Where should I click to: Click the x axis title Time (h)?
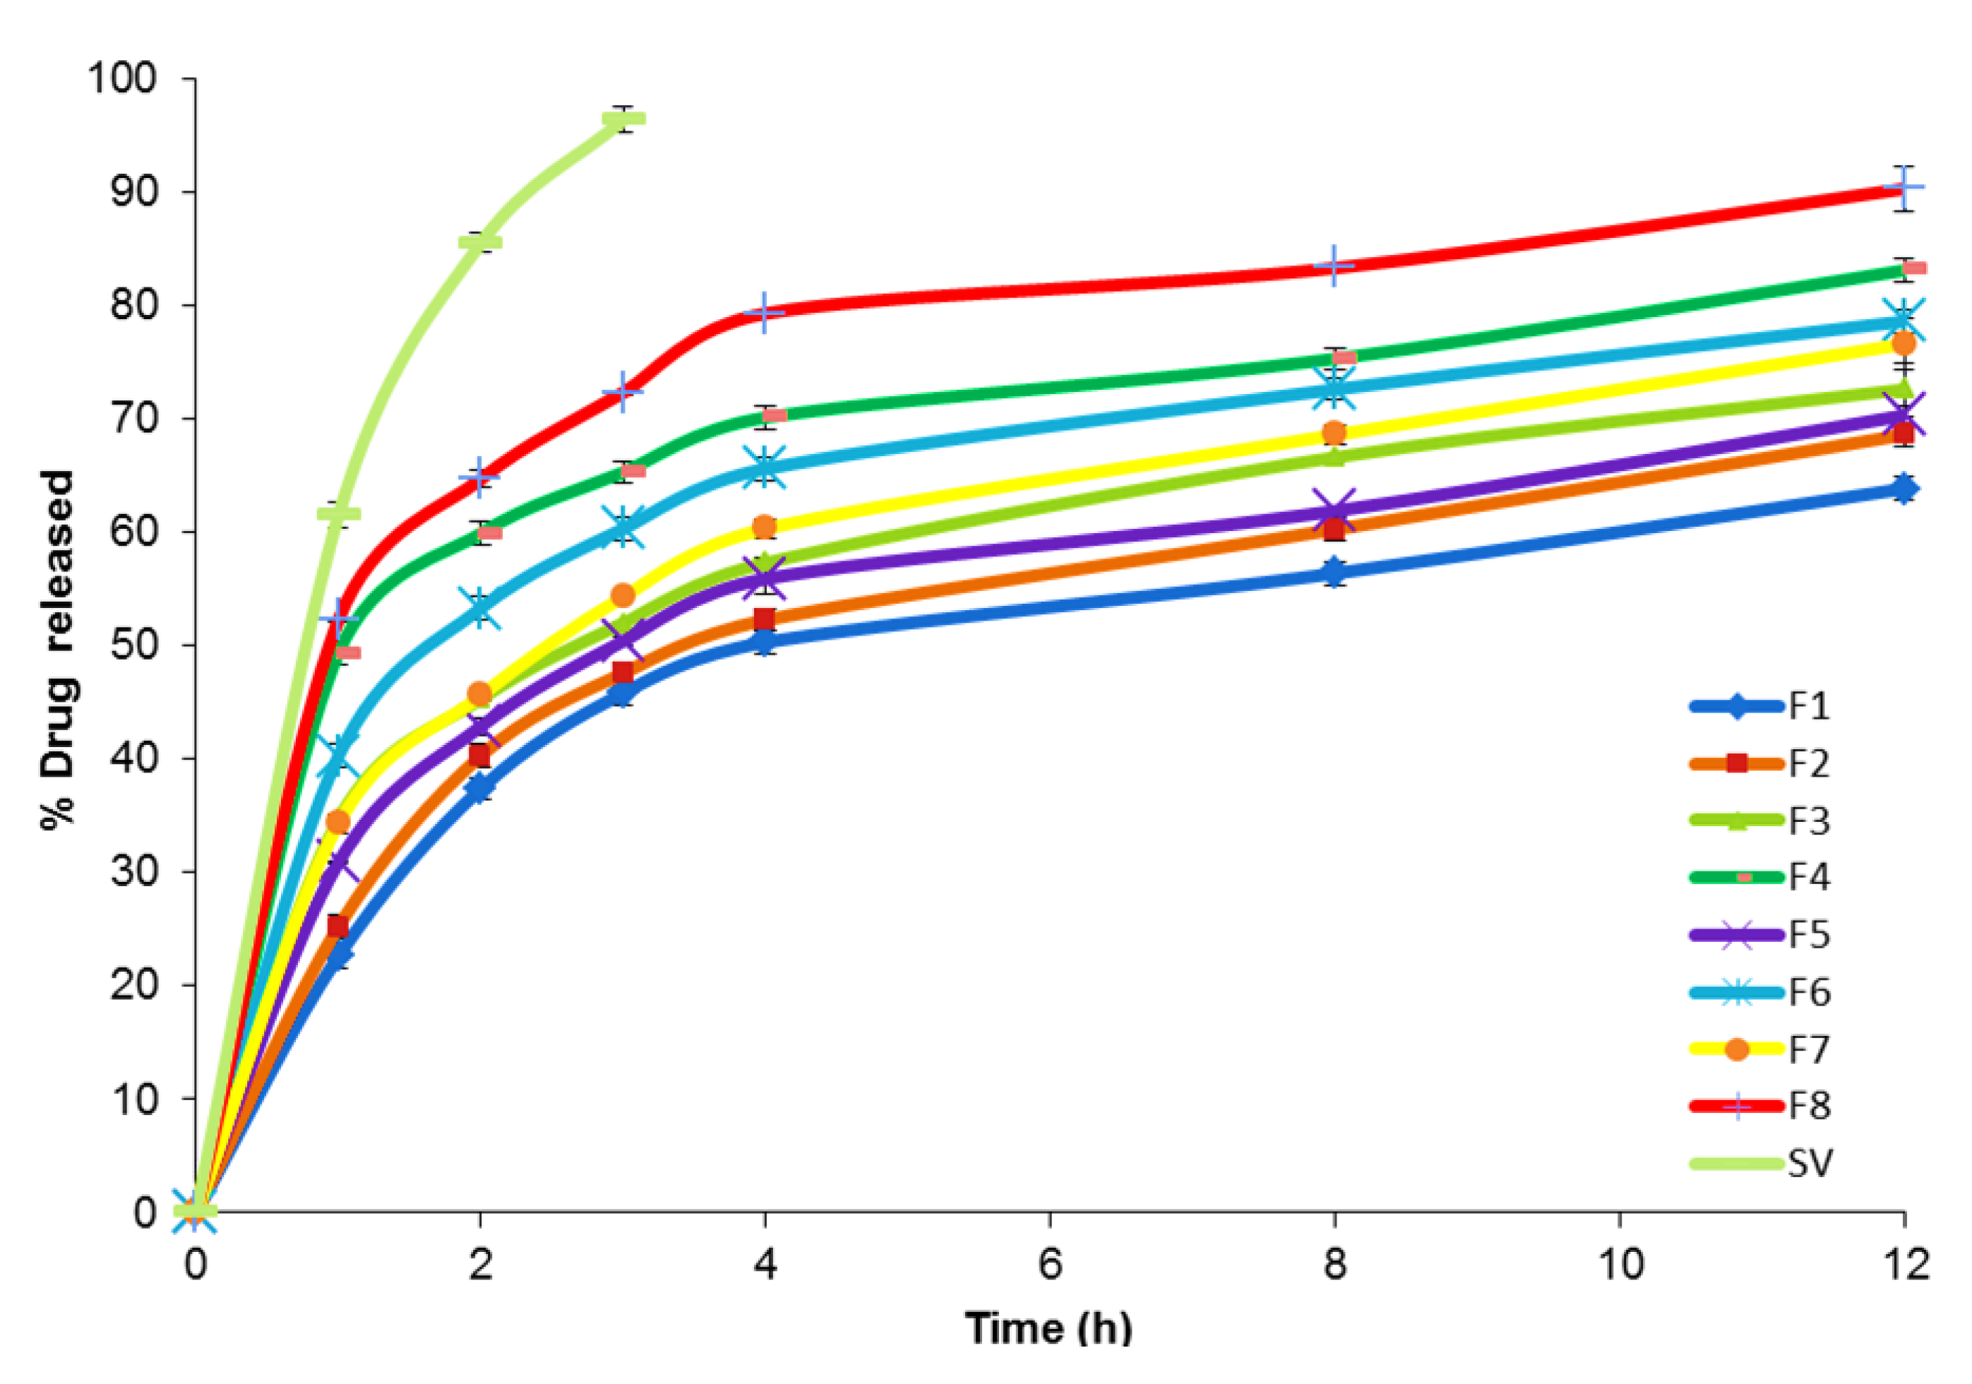pyautogui.click(x=1048, y=1328)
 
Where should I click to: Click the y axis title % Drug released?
pyautogui.click(x=59, y=649)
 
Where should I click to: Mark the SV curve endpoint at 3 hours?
pyautogui.click(x=624, y=119)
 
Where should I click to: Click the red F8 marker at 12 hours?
pyautogui.click(x=1904, y=187)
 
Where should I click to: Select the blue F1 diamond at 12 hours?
pyautogui.click(x=1904, y=489)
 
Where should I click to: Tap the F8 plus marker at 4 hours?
pyautogui.click(x=765, y=313)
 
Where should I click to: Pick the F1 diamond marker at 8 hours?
pyautogui.click(x=1334, y=572)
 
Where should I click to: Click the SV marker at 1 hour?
pyautogui.click(x=338, y=514)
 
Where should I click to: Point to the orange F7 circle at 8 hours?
pyautogui.click(x=1334, y=433)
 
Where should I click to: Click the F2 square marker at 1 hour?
pyautogui.click(x=337, y=927)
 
